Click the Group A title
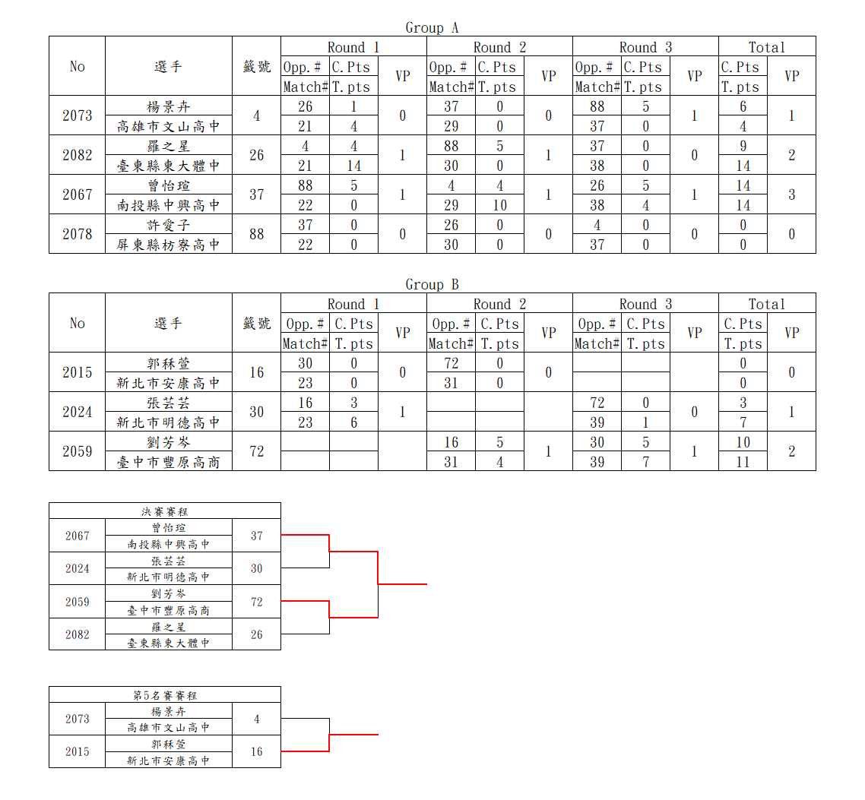432,27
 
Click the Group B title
432,284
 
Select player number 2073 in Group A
78,115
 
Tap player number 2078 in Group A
78,234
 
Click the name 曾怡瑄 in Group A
168,185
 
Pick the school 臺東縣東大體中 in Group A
168,166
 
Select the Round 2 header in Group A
500,47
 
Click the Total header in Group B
767,304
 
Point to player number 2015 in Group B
78,372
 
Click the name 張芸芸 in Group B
168,403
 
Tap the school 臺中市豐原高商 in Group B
168,462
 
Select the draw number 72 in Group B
256,451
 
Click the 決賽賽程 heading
164,511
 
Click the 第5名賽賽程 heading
164,695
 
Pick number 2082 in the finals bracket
78,634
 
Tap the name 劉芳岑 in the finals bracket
168,594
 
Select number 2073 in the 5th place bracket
78,719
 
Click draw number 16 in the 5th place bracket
256,751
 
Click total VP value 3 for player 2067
791,194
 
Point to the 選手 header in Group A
168,66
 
